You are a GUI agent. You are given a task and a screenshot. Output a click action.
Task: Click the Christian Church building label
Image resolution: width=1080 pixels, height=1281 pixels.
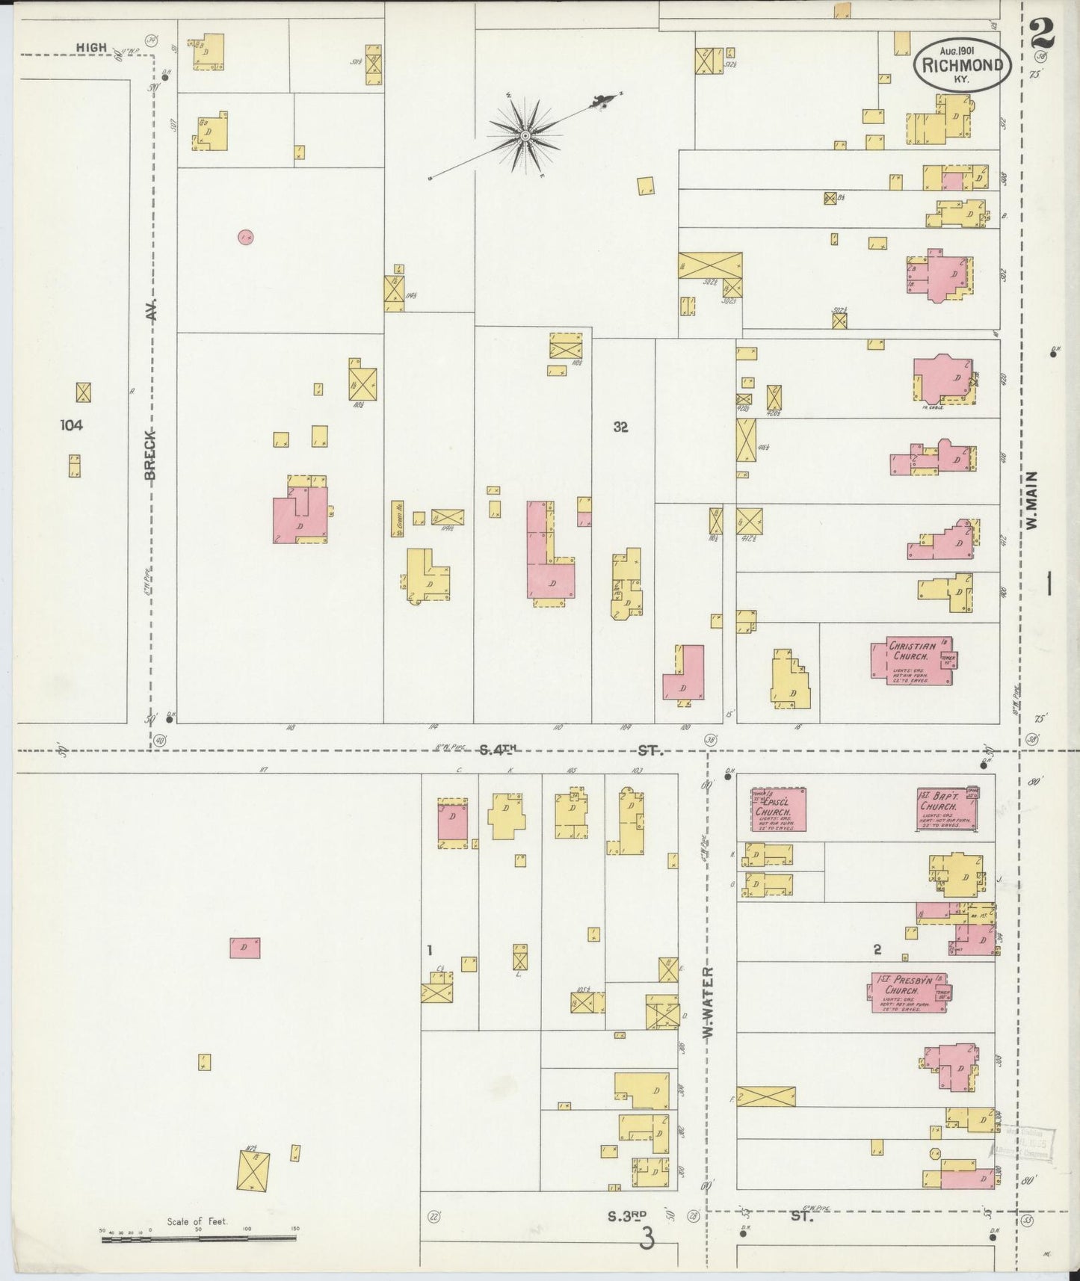(x=908, y=651)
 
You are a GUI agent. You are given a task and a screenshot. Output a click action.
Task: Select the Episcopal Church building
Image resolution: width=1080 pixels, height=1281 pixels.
(x=777, y=809)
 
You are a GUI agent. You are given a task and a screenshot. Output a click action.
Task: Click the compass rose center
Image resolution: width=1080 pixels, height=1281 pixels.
(x=525, y=135)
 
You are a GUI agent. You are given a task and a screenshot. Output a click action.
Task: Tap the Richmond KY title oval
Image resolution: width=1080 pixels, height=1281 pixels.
(x=962, y=65)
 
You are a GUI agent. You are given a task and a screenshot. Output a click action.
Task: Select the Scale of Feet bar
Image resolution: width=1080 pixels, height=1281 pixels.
(x=198, y=1238)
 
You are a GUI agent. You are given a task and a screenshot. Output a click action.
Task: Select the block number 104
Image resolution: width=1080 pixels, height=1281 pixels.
(x=72, y=425)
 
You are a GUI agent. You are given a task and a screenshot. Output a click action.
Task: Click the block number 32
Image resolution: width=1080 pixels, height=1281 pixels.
(x=620, y=427)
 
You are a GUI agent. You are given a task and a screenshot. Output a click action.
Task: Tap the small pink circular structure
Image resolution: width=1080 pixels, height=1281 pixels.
(x=245, y=237)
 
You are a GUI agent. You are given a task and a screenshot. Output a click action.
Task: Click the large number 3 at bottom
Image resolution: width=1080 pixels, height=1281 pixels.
(x=647, y=1239)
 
